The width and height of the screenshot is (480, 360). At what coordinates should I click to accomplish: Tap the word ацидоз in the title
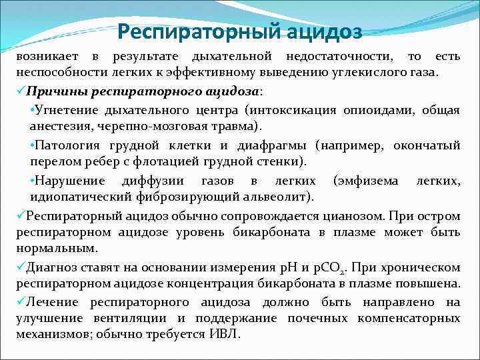pos(326,31)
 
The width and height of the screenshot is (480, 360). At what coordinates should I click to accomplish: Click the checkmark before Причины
pos(21,91)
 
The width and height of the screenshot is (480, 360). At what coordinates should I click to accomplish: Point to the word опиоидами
pos(383,109)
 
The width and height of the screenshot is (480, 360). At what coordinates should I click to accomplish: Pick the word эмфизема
pos(369,181)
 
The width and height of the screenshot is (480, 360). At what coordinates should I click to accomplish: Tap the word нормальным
pos(57,248)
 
